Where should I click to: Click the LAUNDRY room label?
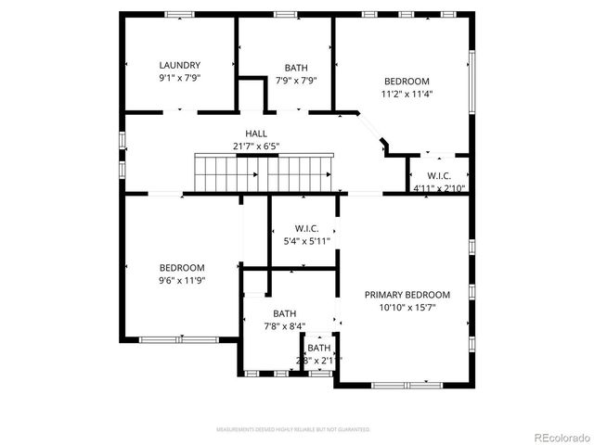[179, 65]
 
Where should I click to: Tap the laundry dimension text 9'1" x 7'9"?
[179, 79]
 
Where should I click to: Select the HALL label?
[256, 133]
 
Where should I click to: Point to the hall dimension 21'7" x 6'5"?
[256, 146]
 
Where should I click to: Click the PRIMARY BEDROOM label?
[407, 294]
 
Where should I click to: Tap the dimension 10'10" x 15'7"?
[407, 307]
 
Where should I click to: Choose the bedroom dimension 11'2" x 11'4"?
[407, 94]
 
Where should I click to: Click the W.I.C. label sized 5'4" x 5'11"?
[307, 227]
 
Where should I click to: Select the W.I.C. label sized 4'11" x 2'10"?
[439, 176]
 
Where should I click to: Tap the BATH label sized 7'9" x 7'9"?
[296, 68]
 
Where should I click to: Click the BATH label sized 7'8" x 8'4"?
[284, 313]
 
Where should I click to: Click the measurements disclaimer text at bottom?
[293, 430]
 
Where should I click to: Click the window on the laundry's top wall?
[178, 14]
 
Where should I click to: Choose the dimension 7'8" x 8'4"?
[284, 326]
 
